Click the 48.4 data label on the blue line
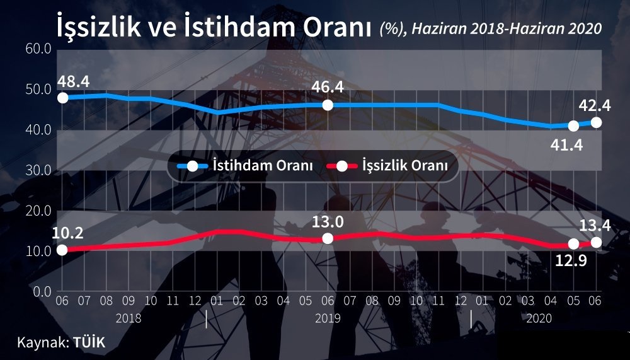[x=73, y=82]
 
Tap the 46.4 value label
[x=328, y=87]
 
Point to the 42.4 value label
[x=595, y=106]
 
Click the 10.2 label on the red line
[x=67, y=233]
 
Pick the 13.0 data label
[x=328, y=222]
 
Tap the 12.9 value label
[x=571, y=260]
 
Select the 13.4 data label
[x=595, y=226]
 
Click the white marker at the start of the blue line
[x=62, y=98]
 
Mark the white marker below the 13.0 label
[x=328, y=238]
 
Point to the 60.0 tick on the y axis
[x=38, y=49]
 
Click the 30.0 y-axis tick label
[x=38, y=171]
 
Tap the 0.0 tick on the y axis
[x=42, y=292]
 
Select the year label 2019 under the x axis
[x=328, y=318]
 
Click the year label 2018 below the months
[x=129, y=318]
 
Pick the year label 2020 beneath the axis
[x=539, y=318]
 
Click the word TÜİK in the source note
[x=89, y=342]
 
